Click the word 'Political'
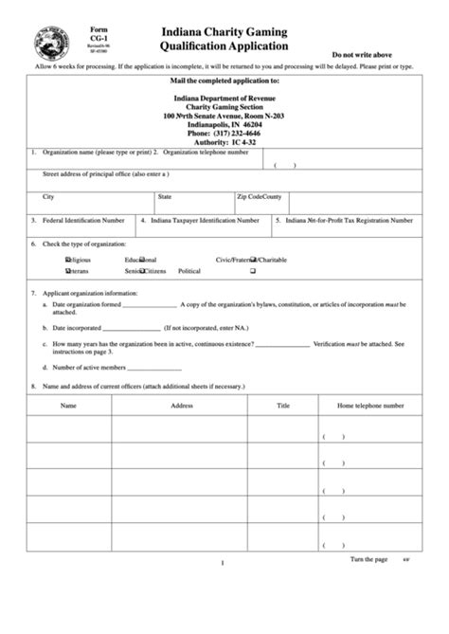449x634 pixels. pyautogui.click(x=189, y=271)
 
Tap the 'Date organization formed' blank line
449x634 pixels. pyautogui.click(x=150, y=305)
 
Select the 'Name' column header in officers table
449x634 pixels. pyautogui.click(x=68, y=405)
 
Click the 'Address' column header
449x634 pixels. pyautogui.click(x=182, y=405)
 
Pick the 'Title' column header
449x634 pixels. pyautogui.click(x=282, y=405)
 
